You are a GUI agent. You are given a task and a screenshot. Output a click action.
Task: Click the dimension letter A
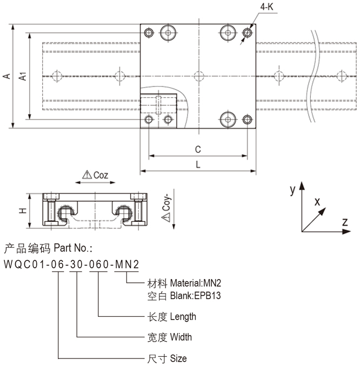(x=7, y=77)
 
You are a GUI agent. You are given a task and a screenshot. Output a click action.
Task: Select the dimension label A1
(x=23, y=77)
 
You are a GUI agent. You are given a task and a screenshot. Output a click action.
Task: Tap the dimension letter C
(x=198, y=148)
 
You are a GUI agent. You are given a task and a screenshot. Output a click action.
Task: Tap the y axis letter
(x=292, y=189)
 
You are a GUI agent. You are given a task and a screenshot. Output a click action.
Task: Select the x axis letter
(x=318, y=201)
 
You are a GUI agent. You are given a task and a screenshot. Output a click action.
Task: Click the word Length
(x=183, y=316)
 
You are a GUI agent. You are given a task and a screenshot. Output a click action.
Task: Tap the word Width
(x=181, y=337)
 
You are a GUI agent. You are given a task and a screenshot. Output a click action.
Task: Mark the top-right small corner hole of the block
(x=248, y=33)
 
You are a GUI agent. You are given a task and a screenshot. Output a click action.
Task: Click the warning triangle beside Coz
(x=86, y=175)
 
